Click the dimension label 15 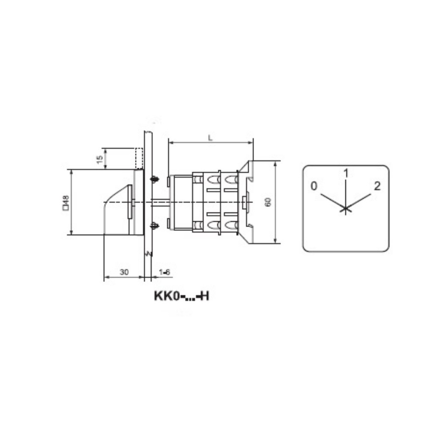[100, 159]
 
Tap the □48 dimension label [66, 202]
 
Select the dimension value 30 [124, 272]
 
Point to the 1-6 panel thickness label [164, 272]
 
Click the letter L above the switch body [210, 138]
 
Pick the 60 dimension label [268, 202]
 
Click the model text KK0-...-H [182, 296]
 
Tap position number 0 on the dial [314, 186]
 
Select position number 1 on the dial [346, 173]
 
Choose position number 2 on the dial [377, 186]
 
